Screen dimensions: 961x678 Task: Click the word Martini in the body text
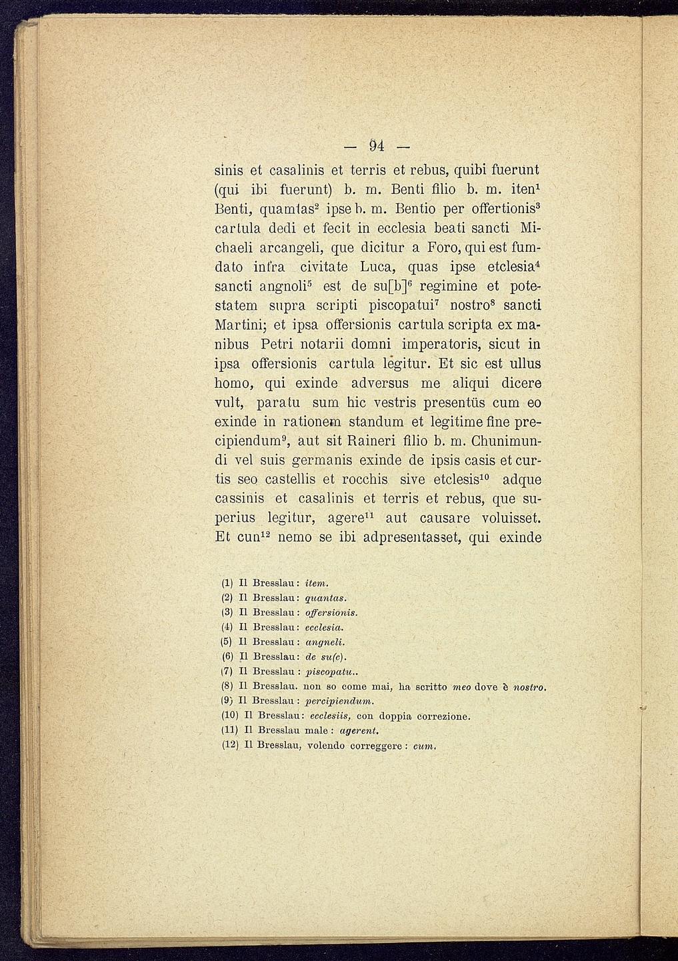pyautogui.click(x=241, y=326)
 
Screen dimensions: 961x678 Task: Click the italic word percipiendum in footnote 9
pyautogui.click(x=339, y=701)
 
